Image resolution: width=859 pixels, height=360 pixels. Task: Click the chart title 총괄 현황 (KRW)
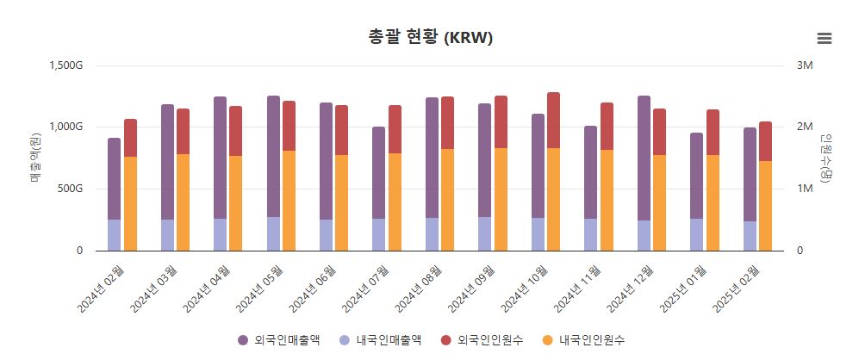click(x=429, y=38)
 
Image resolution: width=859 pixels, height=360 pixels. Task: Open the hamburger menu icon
click(x=824, y=38)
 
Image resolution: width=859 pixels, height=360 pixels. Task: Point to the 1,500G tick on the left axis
click(x=66, y=65)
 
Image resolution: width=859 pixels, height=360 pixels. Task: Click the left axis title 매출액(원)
click(x=35, y=158)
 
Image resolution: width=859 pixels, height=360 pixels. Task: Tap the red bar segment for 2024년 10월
click(x=553, y=120)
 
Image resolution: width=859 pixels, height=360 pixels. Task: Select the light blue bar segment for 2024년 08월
click(x=432, y=234)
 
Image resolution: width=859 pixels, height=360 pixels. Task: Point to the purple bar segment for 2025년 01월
click(x=696, y=176)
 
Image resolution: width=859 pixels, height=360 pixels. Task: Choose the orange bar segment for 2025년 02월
click(x=765, y=206)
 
